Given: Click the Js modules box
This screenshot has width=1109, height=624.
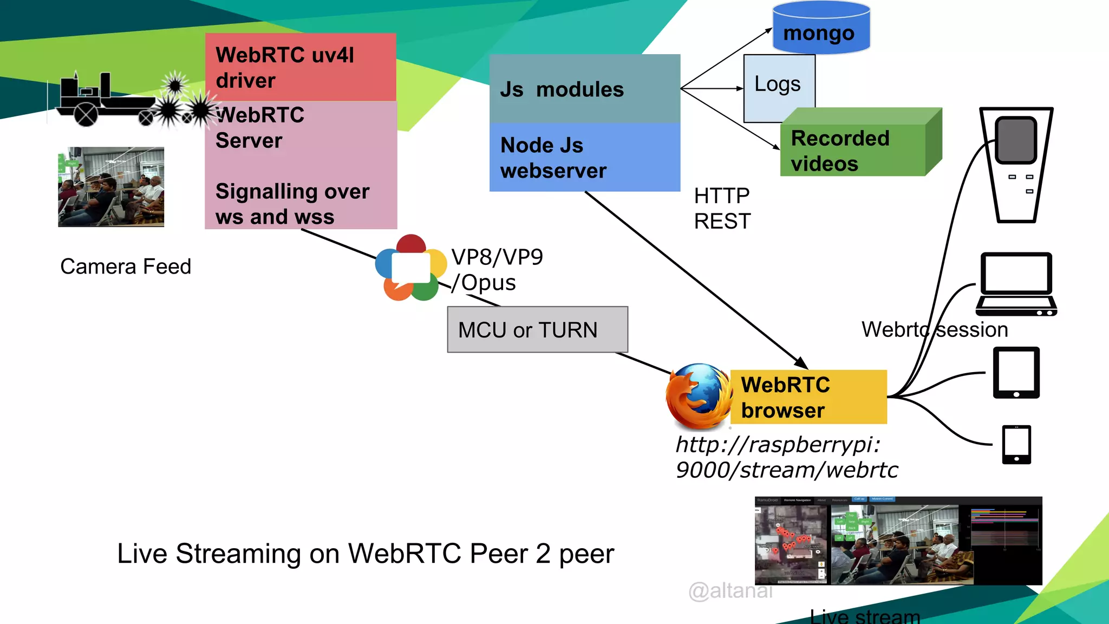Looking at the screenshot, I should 584,89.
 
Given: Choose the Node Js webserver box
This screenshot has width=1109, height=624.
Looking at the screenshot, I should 584,157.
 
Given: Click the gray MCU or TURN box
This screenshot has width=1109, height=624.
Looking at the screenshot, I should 537,329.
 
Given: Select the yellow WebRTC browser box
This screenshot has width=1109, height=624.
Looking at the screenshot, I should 808,397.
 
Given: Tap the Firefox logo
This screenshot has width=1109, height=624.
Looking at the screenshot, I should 697,396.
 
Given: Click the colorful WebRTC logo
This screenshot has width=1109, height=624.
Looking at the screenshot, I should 411,268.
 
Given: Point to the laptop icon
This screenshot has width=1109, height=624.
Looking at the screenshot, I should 1016,284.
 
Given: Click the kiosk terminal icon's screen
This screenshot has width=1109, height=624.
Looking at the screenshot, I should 1016,140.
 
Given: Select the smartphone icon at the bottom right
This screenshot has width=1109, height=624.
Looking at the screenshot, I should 1016,444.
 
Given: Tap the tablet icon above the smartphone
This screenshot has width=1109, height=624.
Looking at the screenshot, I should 1016,373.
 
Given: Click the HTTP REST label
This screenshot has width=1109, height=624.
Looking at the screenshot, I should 722,209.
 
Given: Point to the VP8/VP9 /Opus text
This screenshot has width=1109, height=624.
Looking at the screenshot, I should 496,270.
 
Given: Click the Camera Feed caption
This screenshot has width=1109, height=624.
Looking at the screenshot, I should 126,266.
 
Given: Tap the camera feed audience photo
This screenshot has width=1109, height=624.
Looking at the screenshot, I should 111,187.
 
